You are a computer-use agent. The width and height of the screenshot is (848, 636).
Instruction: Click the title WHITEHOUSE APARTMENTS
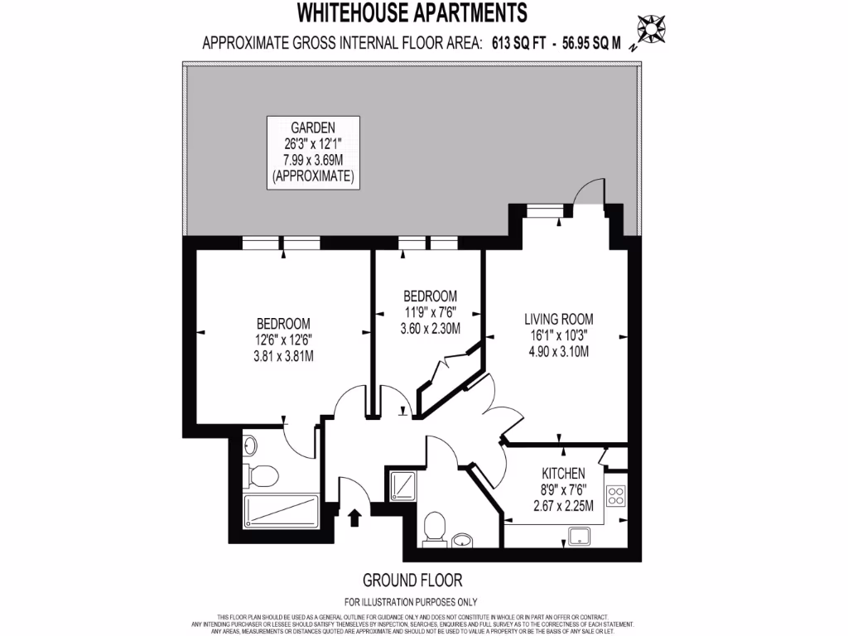click(412, 12)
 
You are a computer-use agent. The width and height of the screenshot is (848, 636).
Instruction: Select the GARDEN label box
click(312, 152)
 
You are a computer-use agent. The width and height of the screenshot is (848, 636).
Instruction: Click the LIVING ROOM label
click(558, 319)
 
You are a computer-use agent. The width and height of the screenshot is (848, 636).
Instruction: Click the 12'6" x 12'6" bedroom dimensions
click(283, 340)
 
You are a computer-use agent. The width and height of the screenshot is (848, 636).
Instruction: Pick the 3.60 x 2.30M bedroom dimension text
click(430, 329)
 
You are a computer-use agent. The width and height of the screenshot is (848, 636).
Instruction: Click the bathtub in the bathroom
click(281, 513)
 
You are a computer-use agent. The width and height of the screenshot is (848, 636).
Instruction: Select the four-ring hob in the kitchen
click(616, 496)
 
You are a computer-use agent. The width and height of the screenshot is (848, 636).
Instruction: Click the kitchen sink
click(583, 535)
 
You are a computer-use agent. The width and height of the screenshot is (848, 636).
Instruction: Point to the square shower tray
click(403, 484)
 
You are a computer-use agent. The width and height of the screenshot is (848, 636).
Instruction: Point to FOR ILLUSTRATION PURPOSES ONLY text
click(411, 602)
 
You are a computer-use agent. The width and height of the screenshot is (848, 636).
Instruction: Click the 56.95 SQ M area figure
click(591, 44)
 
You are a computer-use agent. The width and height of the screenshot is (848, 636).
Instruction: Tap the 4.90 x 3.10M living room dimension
click(558, 351)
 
